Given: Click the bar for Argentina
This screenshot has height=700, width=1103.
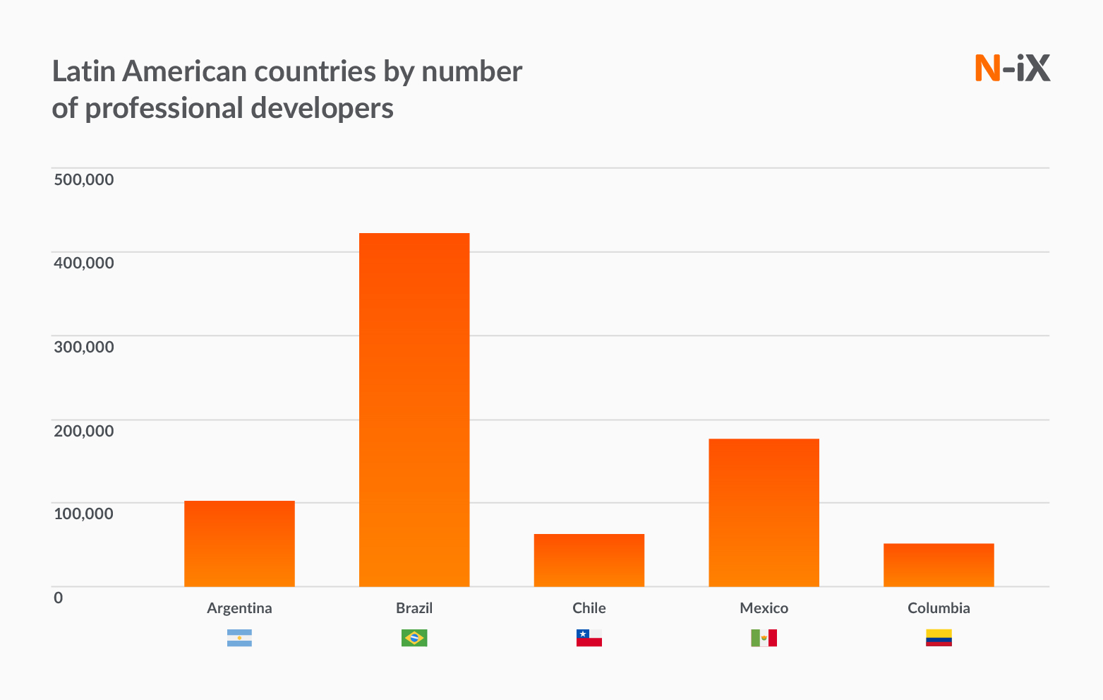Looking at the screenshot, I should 239,543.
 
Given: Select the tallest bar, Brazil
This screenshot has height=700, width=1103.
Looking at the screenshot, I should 414,410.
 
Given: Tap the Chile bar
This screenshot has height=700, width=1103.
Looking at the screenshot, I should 589,560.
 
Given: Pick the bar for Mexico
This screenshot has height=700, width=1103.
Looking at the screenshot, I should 764,512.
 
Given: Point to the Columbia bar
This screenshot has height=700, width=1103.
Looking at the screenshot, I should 939,565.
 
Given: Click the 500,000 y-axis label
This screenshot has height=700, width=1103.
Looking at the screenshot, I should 84,179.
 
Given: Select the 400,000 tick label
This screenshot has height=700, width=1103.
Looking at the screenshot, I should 84,263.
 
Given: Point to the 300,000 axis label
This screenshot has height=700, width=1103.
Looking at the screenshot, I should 84,347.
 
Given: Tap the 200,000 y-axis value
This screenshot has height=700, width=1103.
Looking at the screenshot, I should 84,430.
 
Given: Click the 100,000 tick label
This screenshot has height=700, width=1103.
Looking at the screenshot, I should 84,514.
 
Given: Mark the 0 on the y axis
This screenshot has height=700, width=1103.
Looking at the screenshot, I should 59,598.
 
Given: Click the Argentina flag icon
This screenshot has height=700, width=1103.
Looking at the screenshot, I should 239,638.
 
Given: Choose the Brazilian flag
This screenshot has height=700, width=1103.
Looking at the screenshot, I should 414,638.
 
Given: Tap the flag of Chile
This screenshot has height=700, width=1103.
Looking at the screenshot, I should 589,638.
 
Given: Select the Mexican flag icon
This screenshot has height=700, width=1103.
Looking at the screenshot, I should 764,638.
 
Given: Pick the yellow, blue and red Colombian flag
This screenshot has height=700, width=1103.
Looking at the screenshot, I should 939,638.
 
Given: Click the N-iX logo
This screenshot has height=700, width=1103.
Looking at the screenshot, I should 1013,68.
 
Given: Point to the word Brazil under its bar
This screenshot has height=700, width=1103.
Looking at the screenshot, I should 414,608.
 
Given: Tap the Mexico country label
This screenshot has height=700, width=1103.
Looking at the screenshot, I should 764,608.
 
